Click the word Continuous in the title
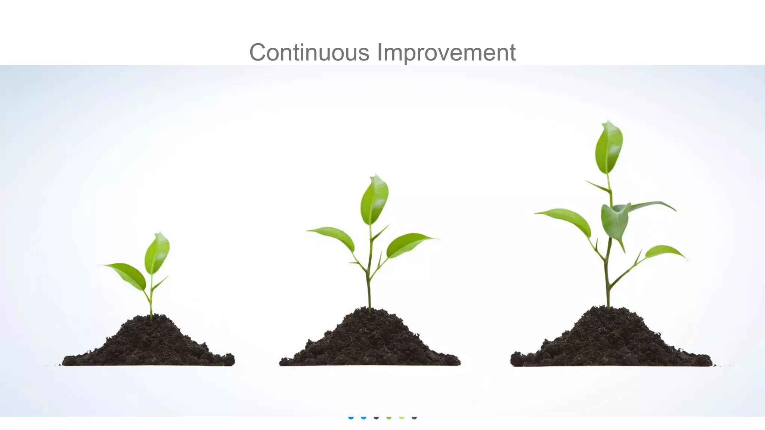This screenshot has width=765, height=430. click(x=309, y=52)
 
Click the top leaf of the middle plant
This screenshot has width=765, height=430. click(x=374, y=200)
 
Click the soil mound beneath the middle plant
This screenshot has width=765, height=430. click(x=370, y=342)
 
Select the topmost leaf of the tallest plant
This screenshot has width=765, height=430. click(x=609, y=147)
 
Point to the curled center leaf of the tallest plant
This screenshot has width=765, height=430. click(x=615, y=222)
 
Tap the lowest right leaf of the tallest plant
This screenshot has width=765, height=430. click(x=663, y=252)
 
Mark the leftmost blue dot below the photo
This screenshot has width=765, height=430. click(x=351, y=417)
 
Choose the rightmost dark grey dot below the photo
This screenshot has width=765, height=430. click(x=414, y=417)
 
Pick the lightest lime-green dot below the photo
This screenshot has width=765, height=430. click(x=402, y=417)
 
